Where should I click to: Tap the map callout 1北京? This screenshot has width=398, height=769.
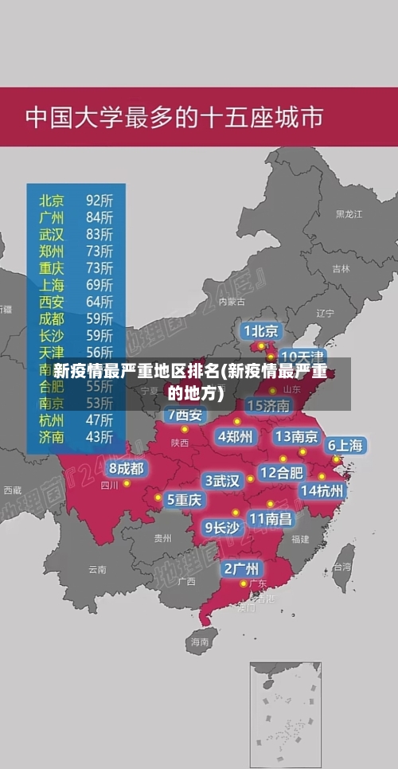click(261, 330)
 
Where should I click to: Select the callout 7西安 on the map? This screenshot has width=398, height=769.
click(185, 415)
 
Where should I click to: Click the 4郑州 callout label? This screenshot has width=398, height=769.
click(236, 435)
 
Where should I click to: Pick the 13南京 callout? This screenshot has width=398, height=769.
click(296, 436)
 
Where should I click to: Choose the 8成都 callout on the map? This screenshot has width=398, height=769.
click(126, 468)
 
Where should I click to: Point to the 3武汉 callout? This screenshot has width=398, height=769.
click(223, 480)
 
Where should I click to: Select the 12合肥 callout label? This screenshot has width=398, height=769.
click(281, 472)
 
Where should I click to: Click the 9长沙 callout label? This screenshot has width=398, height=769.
click(222, 526)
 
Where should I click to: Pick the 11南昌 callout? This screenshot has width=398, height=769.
click(270, 518)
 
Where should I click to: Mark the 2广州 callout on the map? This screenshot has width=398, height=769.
click(240, 568)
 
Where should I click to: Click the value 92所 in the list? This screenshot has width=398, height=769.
click(99, 199)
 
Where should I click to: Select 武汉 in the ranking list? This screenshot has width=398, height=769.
click(52, 234)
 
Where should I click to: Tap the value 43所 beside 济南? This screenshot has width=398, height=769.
click(99, 436)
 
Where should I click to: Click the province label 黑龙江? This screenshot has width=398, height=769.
click(349, 214)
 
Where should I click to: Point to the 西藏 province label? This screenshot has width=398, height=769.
click(13, 490)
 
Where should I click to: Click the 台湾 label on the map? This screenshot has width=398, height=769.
click(341, 567)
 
